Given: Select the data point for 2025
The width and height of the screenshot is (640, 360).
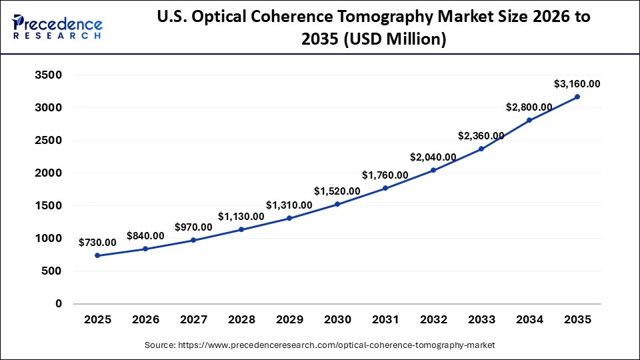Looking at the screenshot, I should [x=97, y=255].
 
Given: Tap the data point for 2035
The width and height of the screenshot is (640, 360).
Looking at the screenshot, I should [x=577, y=97].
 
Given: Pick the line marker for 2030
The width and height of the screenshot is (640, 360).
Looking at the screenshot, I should [x=337, y=204].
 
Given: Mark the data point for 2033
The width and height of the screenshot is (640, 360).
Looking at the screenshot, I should [x=481, y=149].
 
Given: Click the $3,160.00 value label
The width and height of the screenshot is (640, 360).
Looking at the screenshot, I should [x=577, y=84].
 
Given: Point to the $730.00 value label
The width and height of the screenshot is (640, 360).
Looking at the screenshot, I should [x=97, y=243].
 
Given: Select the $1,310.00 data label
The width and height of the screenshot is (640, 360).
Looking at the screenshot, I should [x=289, y=205].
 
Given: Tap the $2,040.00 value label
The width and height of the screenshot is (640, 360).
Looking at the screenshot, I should [x=433, y=157].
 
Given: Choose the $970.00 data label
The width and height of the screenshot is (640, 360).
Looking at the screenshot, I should [x=193, y=227].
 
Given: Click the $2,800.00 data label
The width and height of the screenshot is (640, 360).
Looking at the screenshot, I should [x=529, y=107].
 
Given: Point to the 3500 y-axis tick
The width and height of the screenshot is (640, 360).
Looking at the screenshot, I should [x=48, y=75].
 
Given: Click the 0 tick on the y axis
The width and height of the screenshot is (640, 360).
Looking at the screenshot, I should [x=58, y=304].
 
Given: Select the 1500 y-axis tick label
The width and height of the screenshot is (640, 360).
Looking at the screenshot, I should [x=48, y=206].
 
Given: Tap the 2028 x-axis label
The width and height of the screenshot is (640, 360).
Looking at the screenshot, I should [x=241, y=320].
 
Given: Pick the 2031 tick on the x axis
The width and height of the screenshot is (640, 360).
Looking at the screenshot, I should [x=385, y=320].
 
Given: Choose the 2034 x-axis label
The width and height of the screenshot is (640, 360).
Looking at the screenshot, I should [x=529, y=320].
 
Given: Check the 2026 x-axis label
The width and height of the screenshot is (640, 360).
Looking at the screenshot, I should [x=145, y=320].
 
